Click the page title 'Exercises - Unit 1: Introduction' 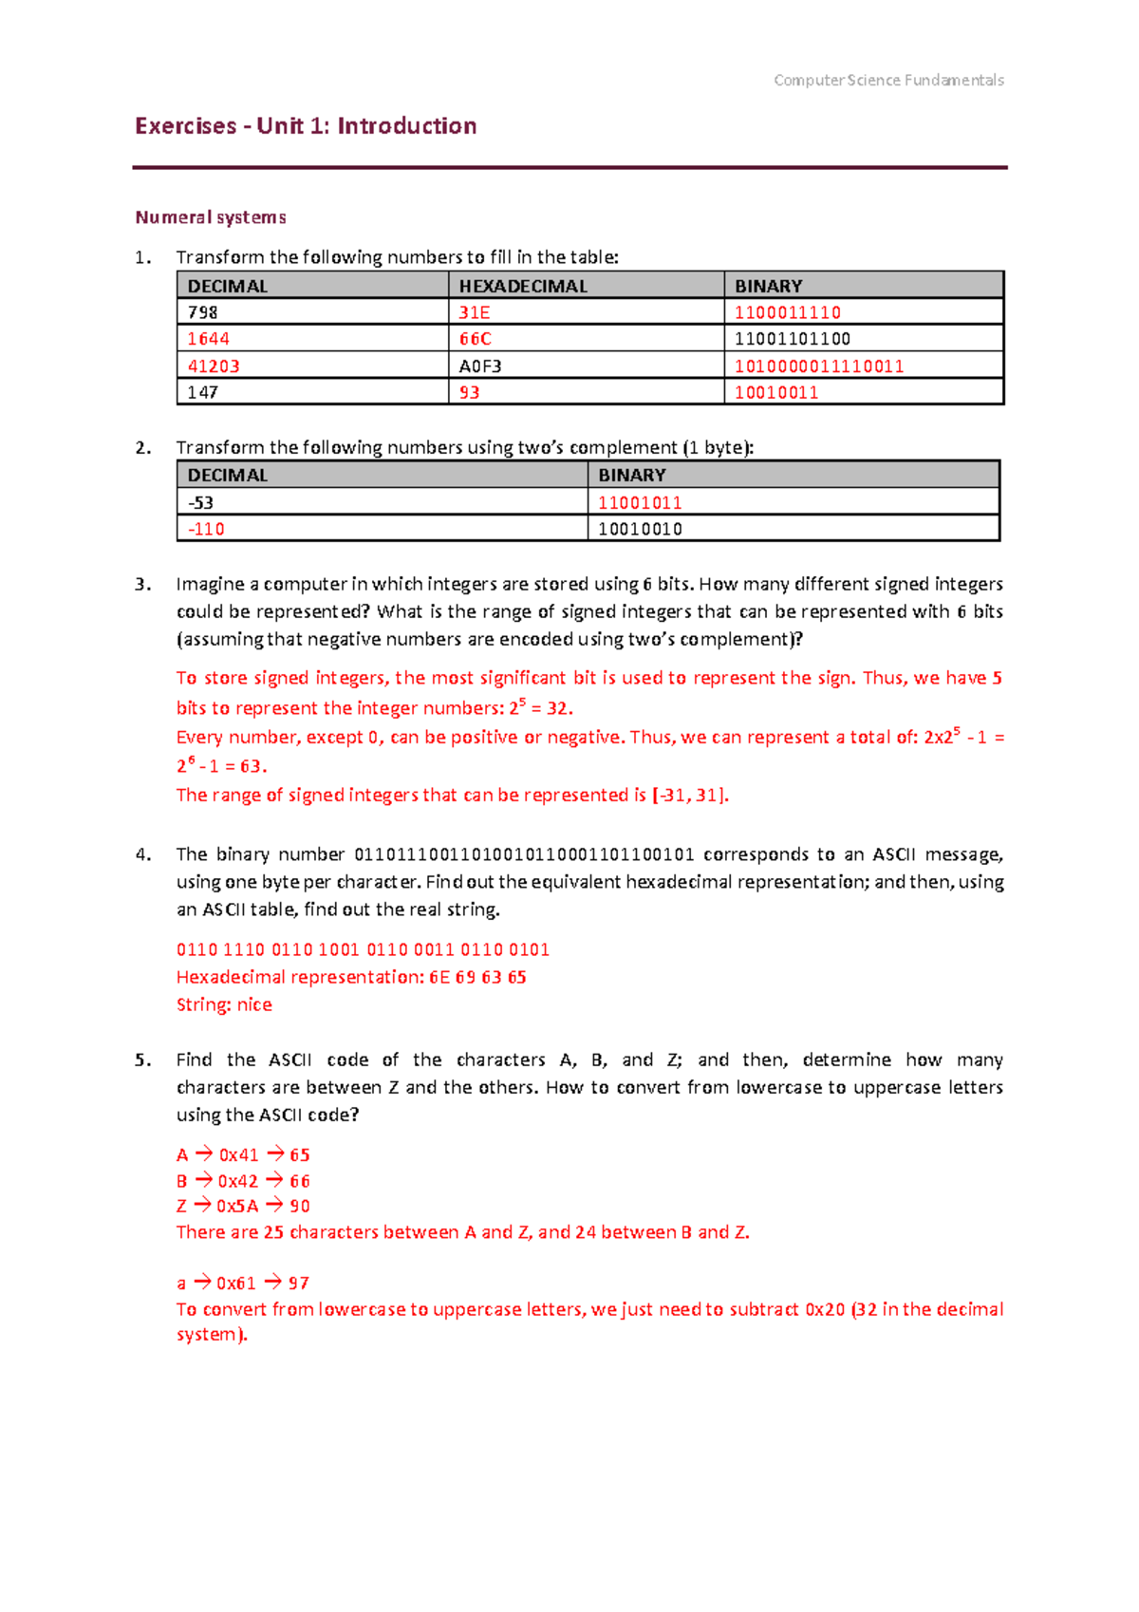306,126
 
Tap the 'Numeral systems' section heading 211,217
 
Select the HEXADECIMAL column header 523,286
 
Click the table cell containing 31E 475,312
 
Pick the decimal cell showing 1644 208,339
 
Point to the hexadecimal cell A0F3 480,366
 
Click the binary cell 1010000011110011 818,366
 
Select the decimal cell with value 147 202,392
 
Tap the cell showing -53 200,502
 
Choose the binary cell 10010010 640,529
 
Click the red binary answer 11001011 640,502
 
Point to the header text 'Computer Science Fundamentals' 888,81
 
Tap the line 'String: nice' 224,1004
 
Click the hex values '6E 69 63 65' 477,977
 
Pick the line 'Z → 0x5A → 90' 243,1206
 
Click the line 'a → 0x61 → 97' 243,1283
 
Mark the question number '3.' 142,584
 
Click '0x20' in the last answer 824,1309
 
